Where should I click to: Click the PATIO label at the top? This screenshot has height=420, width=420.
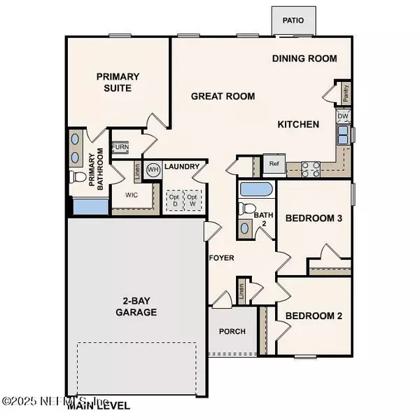click(x=293, y=20)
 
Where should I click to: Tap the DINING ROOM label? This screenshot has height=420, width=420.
click(x=304, y=59)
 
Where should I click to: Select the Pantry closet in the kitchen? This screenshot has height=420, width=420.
click(x=346, y=91)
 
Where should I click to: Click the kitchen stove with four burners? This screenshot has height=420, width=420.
click(x=310, y=167)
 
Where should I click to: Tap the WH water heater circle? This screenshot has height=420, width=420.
click(x=152, y=169)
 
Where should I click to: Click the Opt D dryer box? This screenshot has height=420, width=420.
click(x=173, y=200)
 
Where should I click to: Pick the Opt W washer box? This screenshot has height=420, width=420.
click(x=192, y=200)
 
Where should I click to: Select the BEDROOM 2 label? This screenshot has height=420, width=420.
click(x=314, y=316)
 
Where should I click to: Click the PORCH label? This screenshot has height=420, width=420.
click(x=232, y=331)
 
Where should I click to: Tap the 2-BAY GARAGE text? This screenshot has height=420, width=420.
click(x=136, y=306)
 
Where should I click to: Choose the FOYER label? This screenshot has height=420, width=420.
click(x=221, y=258)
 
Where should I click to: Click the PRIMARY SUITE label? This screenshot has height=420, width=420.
click(x=118, y=83)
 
